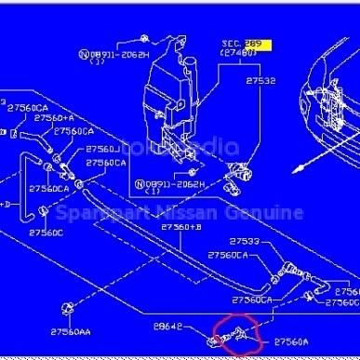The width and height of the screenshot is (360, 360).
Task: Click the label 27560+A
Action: click(x=54, y=118)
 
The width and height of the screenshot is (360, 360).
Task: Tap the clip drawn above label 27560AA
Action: click(x=67, y=307)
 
